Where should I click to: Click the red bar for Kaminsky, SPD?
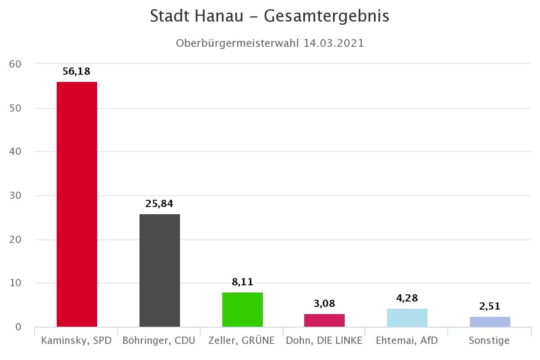point(76,204)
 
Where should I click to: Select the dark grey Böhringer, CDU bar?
point(159,270)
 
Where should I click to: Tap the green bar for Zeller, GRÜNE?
point(242,310)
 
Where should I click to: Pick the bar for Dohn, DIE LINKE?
point(324,320)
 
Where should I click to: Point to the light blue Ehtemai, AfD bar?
point(407,318)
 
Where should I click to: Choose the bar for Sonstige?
point(490,322)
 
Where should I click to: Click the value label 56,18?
point(76,71)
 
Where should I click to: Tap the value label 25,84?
point(159,203)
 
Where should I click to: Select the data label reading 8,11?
point(242,282)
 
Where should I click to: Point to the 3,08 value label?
point(324,303)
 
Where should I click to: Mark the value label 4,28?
point(407,298)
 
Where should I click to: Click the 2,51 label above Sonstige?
point(490,307)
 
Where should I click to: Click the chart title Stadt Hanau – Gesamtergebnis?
point(270,16)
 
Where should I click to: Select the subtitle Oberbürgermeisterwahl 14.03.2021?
point(270,43)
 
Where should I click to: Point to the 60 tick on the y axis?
point(15,64)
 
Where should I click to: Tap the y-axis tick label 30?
point(15,196)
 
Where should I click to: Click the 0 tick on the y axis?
point(18,327)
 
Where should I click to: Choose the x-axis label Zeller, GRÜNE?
point(242,340)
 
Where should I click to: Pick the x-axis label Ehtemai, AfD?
point(407,340)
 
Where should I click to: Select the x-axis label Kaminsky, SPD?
point(76,340)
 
